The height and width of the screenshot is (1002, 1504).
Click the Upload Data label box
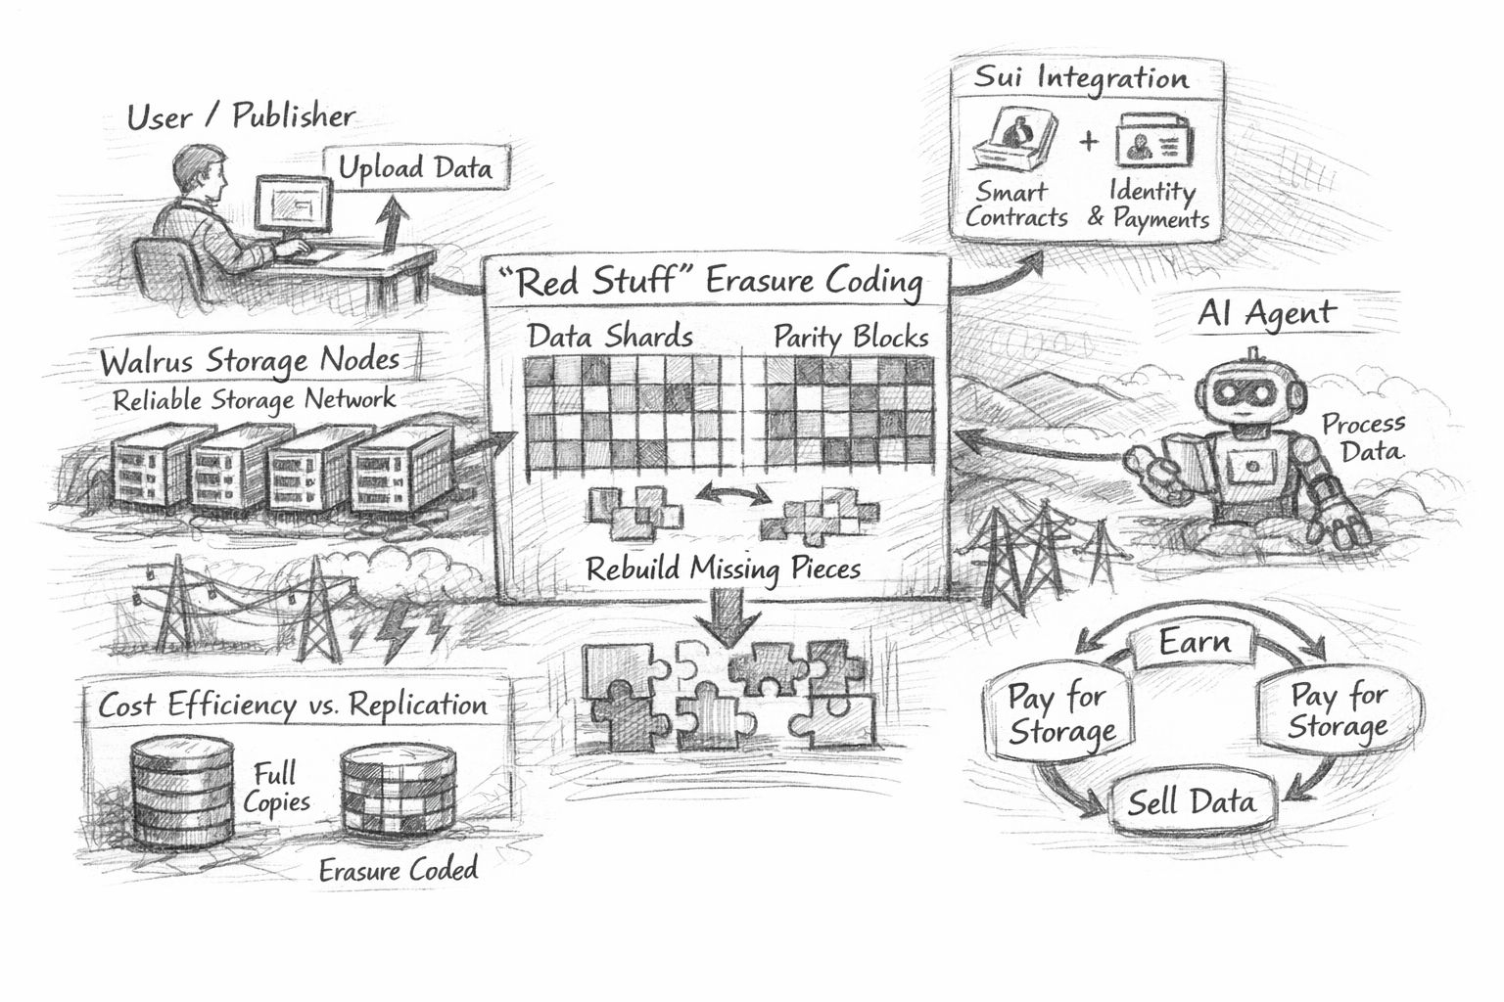415,168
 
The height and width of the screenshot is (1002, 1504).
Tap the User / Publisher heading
241,117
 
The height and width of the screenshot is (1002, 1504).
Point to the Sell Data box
1191,803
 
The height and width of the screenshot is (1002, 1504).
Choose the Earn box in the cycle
1195,643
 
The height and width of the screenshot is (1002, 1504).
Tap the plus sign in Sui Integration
1089,142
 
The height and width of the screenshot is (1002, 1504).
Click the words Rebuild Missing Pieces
723,569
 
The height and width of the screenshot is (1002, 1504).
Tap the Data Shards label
610,337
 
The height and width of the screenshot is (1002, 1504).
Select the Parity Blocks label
850,337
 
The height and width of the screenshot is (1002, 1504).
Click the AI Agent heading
1266,314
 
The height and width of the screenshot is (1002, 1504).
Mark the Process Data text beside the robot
1364,437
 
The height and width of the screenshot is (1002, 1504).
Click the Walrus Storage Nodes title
250,361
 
